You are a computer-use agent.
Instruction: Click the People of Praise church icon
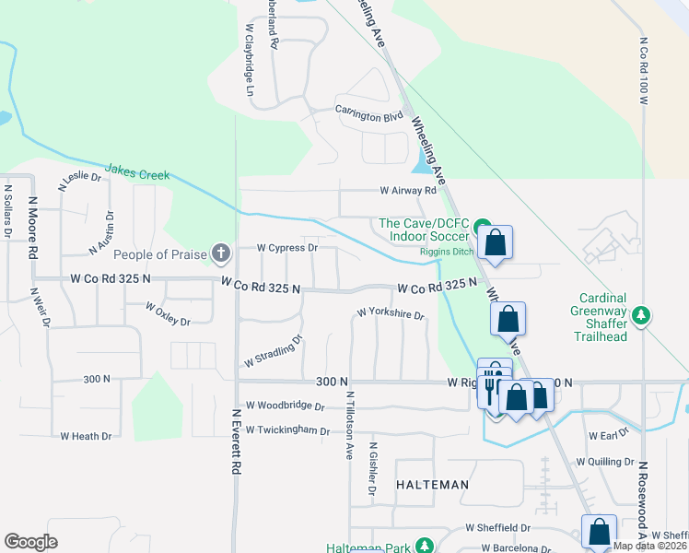[x=220, y=252]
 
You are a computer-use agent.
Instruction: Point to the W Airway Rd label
[x=408, y=191]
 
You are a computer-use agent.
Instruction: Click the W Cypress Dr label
[x=286, y=248]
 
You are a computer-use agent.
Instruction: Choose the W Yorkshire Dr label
[x=390, y=315]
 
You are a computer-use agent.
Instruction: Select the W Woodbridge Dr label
[x=286, y=406]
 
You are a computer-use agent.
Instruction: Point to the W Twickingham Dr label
[x=286, y=430]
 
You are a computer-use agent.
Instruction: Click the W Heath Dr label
[x=86, y=436]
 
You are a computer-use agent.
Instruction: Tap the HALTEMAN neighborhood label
[x=432, y=485]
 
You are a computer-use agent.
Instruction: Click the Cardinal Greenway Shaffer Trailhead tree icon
[x=644, y=316]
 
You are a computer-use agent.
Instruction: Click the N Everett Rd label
[x=237, y=443]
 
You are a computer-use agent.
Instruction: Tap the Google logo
[x=30, y=542]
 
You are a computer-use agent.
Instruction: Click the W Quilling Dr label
[x=604, y=462]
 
